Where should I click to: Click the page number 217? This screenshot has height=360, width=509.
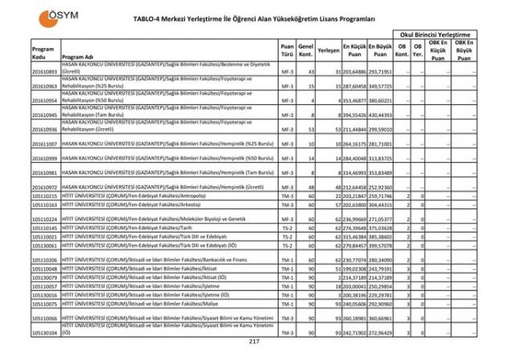[x=254, y=342]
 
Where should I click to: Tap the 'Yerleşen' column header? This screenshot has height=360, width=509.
[x=329, y=50]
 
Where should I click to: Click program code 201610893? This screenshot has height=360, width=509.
[x=44, y=72]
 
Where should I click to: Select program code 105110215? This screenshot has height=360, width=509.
[x=44, y=196]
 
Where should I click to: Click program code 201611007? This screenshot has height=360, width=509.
[x=44, y=144]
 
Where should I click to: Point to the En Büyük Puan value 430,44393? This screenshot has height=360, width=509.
[x=380, y=115]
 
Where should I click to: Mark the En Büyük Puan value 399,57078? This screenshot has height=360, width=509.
[x=380, y=245]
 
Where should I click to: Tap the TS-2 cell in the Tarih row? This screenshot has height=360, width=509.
[x=286, y=227]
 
